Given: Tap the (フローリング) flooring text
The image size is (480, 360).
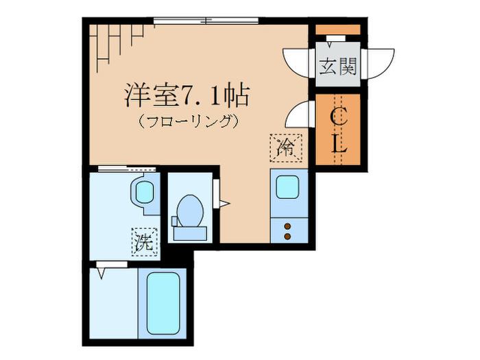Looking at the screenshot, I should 187,123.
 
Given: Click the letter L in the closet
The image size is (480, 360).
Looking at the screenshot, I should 338,145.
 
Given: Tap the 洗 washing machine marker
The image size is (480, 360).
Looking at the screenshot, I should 143,241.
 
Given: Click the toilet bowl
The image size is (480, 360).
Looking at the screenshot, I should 189,208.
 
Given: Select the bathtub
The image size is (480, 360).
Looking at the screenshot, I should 164,302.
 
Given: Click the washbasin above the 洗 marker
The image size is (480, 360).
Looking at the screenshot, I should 145,191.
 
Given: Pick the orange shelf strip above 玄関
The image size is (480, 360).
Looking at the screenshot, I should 338,29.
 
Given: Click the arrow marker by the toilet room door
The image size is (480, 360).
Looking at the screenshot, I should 223,202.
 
